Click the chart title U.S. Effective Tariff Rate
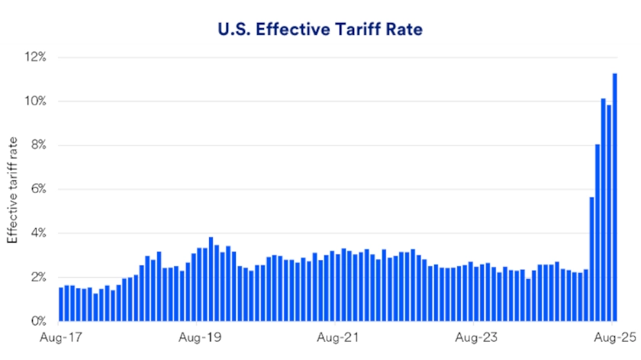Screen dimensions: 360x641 tap(320, 30)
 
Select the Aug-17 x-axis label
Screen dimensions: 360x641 tap(60, 336)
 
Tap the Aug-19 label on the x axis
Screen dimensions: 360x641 tap(198, 336)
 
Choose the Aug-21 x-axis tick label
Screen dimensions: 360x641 tap(337, 336)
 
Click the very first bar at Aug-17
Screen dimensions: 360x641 tap(61, 304)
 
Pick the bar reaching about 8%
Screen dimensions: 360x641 tap(598, 233)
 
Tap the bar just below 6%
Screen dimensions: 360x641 tap(591, 259)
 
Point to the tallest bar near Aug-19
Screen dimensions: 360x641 tap(211, 279)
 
